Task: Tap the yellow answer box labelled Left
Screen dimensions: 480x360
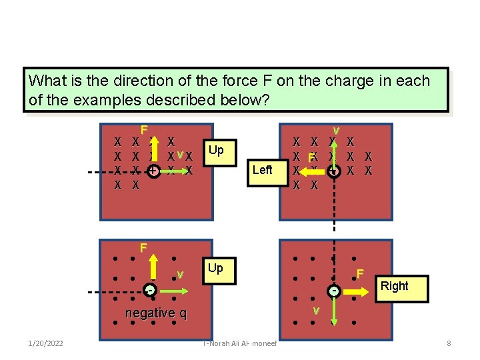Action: (263, 170)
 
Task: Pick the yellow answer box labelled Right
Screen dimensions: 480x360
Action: (395, 286)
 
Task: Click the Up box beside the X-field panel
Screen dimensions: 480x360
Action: (215, 150)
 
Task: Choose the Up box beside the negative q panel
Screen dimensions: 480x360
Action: (215, 268)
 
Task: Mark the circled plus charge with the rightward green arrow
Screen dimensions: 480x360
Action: (154, 171)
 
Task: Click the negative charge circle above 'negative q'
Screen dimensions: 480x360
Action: (152, 291)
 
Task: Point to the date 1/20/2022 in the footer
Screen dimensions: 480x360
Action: (46, 343)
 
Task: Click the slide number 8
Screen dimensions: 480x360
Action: (449, 343)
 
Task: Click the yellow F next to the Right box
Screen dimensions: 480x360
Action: (359, 274)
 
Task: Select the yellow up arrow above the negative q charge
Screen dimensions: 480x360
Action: (153, 270)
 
